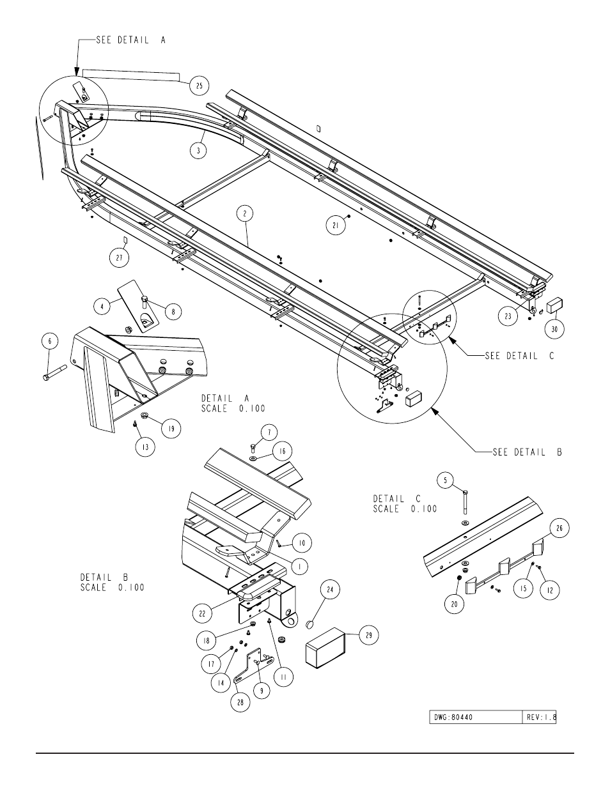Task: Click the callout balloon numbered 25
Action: coord(199,85)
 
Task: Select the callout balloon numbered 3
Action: coord(199,150)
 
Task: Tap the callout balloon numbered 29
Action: coord(370,635)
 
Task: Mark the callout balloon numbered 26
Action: coord(559,528)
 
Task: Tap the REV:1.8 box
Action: coord(540,717)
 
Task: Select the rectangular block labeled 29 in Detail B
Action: coord(326,647)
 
